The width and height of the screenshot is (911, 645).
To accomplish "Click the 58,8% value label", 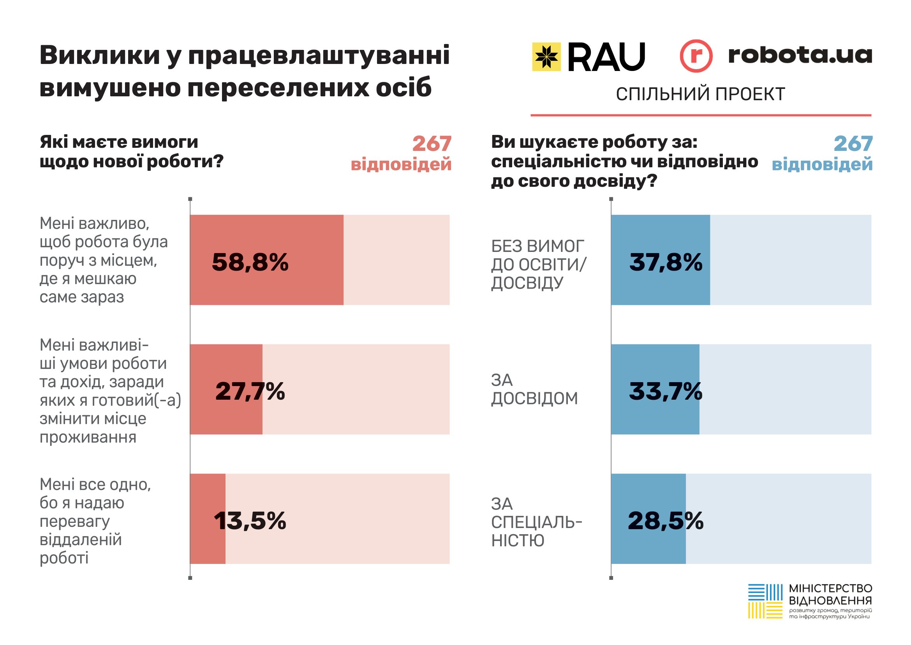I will click(250, 262).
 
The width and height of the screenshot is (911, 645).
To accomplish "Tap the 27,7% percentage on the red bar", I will click(250, 391).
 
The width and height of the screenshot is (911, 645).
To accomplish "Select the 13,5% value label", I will click(250, 521).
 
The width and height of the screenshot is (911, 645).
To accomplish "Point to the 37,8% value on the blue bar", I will click(666, 262).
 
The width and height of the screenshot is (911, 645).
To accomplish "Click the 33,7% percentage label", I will click(665, 391).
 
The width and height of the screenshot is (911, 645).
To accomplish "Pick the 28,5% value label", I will click(665, 521).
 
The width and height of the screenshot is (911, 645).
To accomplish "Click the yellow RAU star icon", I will click(546, 57).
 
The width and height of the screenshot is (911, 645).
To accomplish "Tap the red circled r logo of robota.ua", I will click(696, 56).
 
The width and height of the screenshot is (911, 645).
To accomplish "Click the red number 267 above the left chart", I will click(432, 144).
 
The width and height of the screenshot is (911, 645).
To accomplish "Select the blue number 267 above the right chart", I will click(853, 144).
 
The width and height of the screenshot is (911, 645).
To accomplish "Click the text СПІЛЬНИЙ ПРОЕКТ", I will click(700, 94).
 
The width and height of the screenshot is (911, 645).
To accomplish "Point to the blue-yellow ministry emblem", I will click(765, 601).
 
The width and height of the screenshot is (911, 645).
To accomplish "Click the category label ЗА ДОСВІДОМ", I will click(534, 389).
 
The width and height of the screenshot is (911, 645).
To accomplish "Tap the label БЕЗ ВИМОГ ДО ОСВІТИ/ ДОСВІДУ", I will click(538, 264).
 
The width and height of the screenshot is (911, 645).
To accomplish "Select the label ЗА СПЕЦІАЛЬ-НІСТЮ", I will click(536, 522).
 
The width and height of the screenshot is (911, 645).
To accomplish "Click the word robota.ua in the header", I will click(800, 55).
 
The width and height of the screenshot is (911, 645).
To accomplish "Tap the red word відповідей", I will click(401, 165).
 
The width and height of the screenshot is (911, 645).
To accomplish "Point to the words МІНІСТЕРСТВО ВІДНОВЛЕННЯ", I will click(830, 594).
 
